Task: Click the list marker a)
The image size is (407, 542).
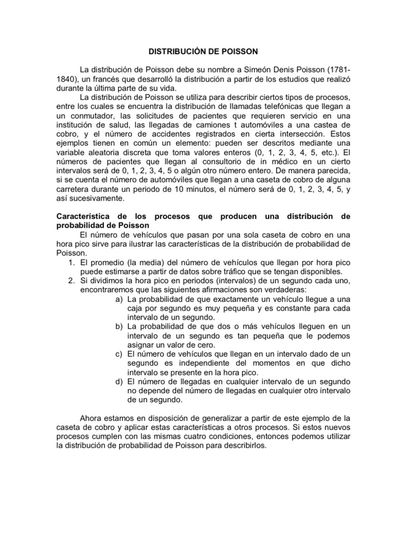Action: click(119, 299)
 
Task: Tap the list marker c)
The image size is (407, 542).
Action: click(119, 353)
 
